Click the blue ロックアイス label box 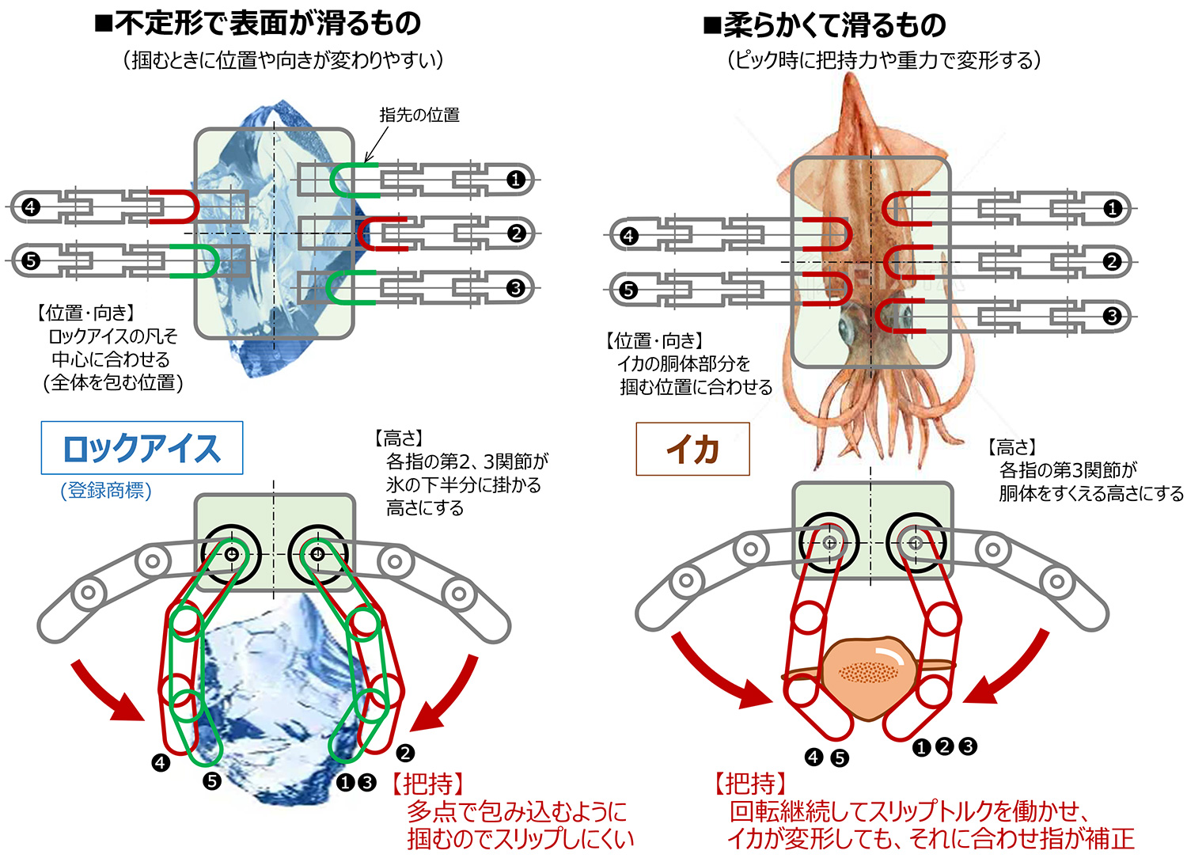142,448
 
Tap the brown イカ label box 692,449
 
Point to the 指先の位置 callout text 419,115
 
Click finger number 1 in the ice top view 516,180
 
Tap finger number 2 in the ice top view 516,233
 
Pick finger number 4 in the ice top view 30,207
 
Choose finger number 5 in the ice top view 30,260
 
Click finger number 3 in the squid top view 1112,317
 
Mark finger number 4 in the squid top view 628,236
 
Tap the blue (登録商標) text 106,491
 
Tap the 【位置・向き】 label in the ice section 86,313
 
